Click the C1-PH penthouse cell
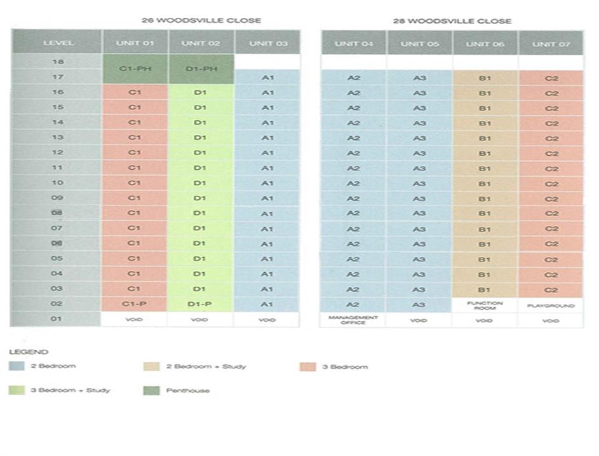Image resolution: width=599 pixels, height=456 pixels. tap(134, 69)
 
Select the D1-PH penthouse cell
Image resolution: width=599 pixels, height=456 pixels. tap(200, 69)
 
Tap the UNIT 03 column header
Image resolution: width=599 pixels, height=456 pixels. tap(266, 43)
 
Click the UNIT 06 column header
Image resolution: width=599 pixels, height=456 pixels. tap(485, 43)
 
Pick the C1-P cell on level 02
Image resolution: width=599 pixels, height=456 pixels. tap(134, 304)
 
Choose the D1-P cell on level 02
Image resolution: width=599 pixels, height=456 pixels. tap(200, 304)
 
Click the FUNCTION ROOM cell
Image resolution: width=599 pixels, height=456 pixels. tap(485, 305)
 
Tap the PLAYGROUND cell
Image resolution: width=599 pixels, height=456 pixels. tap(551, 305)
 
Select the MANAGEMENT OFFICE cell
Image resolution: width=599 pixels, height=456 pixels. tap(353, 320)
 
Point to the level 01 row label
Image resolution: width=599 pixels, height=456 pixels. tap(57, 319)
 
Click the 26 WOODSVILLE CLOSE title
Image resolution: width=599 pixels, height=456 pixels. tap(201, 20)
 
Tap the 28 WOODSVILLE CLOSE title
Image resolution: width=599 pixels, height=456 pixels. tap(452, 20)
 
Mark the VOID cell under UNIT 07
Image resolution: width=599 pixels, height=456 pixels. tap(551, 321)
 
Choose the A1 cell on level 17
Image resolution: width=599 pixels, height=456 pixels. tap(266, 78)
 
